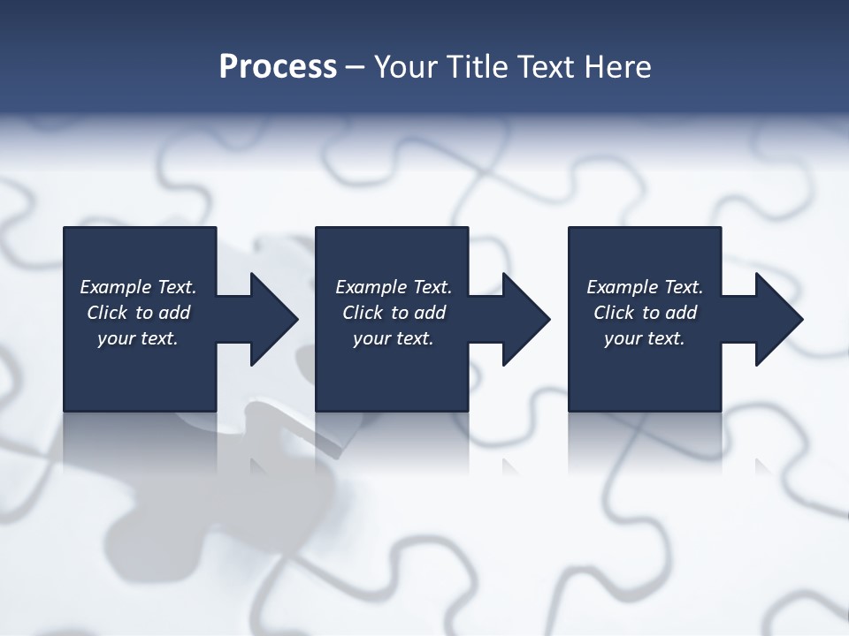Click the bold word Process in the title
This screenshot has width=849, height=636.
[278, 67]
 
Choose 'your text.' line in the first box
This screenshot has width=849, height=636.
[138, 338]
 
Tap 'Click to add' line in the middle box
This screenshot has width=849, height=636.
[394, 313]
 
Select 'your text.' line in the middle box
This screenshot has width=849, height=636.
[394, 338]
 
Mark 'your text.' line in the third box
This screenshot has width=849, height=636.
[645, 338]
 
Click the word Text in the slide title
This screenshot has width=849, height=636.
[546, 67]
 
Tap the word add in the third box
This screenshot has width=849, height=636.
[681, 313]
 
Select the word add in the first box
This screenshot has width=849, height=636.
[174, 313]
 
